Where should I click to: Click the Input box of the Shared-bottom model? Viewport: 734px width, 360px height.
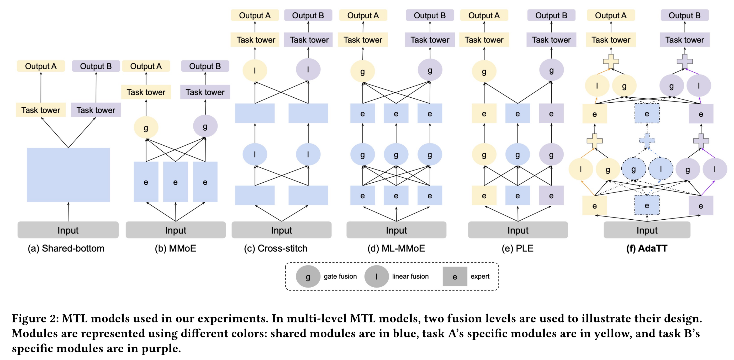68,230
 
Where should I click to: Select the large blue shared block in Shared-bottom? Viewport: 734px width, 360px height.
68,174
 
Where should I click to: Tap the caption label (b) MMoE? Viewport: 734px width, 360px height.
175,248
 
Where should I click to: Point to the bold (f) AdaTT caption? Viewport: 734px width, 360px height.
647,248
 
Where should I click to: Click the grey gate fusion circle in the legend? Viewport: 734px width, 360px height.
308,276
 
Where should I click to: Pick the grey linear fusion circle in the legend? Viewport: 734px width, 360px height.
376,276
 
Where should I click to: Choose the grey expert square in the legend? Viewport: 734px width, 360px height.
455,276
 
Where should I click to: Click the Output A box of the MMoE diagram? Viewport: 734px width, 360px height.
146,66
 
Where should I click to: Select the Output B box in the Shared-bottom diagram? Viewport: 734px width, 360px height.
96,66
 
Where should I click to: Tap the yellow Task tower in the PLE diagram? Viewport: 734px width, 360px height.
484,40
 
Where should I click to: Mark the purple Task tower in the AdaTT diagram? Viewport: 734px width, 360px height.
684,40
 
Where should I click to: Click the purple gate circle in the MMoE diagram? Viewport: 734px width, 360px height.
205,126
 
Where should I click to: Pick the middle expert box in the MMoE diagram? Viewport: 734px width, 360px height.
175,182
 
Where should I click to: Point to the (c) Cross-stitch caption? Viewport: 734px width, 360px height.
276,248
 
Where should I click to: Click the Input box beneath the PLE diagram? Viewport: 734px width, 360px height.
518,230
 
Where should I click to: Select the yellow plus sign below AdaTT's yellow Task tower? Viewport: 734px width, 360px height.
611,61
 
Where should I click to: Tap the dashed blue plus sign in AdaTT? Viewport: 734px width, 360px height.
647,140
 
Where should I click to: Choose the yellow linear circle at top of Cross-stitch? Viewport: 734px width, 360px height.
255,70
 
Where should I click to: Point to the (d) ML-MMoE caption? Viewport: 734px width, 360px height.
396,248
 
